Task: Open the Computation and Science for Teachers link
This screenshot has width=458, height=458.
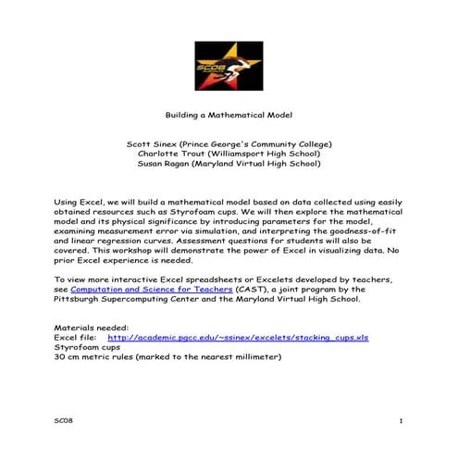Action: [x=137, y=290]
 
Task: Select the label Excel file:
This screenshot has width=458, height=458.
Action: [x=76, y=338]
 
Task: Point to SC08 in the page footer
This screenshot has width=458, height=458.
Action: [x=63, y=421]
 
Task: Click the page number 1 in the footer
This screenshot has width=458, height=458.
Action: [x=401, y=421]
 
